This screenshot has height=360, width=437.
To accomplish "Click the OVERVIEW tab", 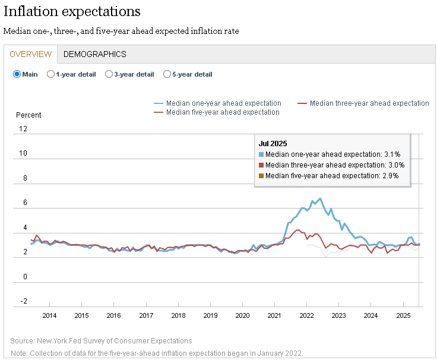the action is [31, 54].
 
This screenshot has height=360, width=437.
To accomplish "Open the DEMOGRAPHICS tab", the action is [95, 54].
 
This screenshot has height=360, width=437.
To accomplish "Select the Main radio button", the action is [17, 74].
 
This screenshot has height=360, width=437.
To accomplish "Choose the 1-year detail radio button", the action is [50, 74].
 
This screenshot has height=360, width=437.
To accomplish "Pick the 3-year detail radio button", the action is [109, 74].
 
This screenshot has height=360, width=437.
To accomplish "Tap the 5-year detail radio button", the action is [167, 74].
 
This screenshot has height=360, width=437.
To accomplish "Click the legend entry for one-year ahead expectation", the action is [217, 103].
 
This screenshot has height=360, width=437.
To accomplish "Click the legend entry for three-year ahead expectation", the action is [363, 103].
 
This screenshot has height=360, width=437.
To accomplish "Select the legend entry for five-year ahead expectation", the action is [217, 112].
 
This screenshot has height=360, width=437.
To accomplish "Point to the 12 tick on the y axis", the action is [23, 129].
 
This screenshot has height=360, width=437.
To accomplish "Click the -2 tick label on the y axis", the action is [24, 301].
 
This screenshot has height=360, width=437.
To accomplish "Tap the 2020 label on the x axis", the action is [242, 315].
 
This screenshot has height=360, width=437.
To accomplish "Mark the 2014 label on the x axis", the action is [49, 315].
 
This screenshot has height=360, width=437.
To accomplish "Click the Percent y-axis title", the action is [28, 115].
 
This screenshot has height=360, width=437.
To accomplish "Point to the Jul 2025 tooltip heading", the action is [273, 144].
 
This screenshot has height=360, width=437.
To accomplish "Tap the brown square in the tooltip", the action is [261, 176].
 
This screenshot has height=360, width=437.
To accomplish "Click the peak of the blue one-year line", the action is [320, 198].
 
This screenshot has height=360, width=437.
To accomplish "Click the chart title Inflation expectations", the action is [72, 12].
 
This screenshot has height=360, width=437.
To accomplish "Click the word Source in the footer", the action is [23, 341].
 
